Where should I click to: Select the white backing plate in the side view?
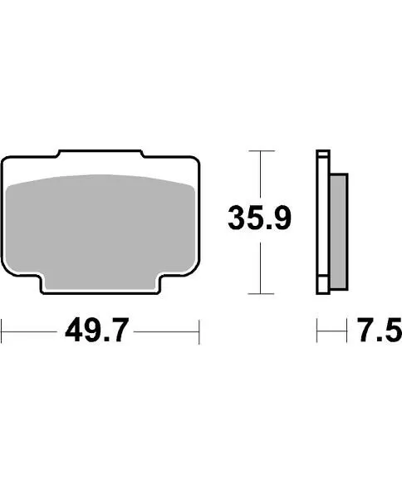pyautogui.click(x=323, y=221)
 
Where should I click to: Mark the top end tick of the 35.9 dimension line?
pyautogui.click(x=262, y=151)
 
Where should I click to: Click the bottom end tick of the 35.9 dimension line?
pyautogui.click(x=262, y=294)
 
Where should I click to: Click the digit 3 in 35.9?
pyautogui.click(x=238, y=219)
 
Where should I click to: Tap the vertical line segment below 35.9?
pyautogui.click(x=262, y=266)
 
